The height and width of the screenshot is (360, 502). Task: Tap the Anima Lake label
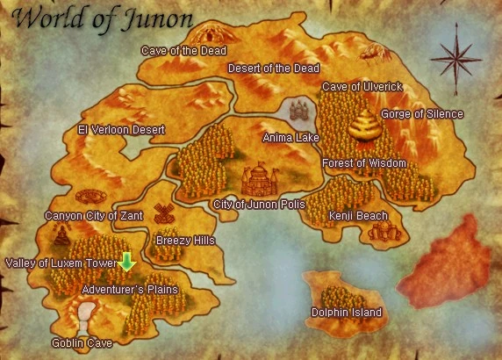coord(292,138)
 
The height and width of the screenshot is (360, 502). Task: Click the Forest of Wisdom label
coord(364,163)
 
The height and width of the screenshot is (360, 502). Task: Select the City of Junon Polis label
coord(259,204)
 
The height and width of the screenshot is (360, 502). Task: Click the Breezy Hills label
coord(185,240)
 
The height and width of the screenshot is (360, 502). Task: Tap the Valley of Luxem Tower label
coord(61,263)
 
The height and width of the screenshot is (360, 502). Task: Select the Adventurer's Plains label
coord(130,289)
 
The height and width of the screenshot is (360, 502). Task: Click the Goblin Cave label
coord(82,343)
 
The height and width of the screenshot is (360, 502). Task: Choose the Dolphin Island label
coord(347,313)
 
